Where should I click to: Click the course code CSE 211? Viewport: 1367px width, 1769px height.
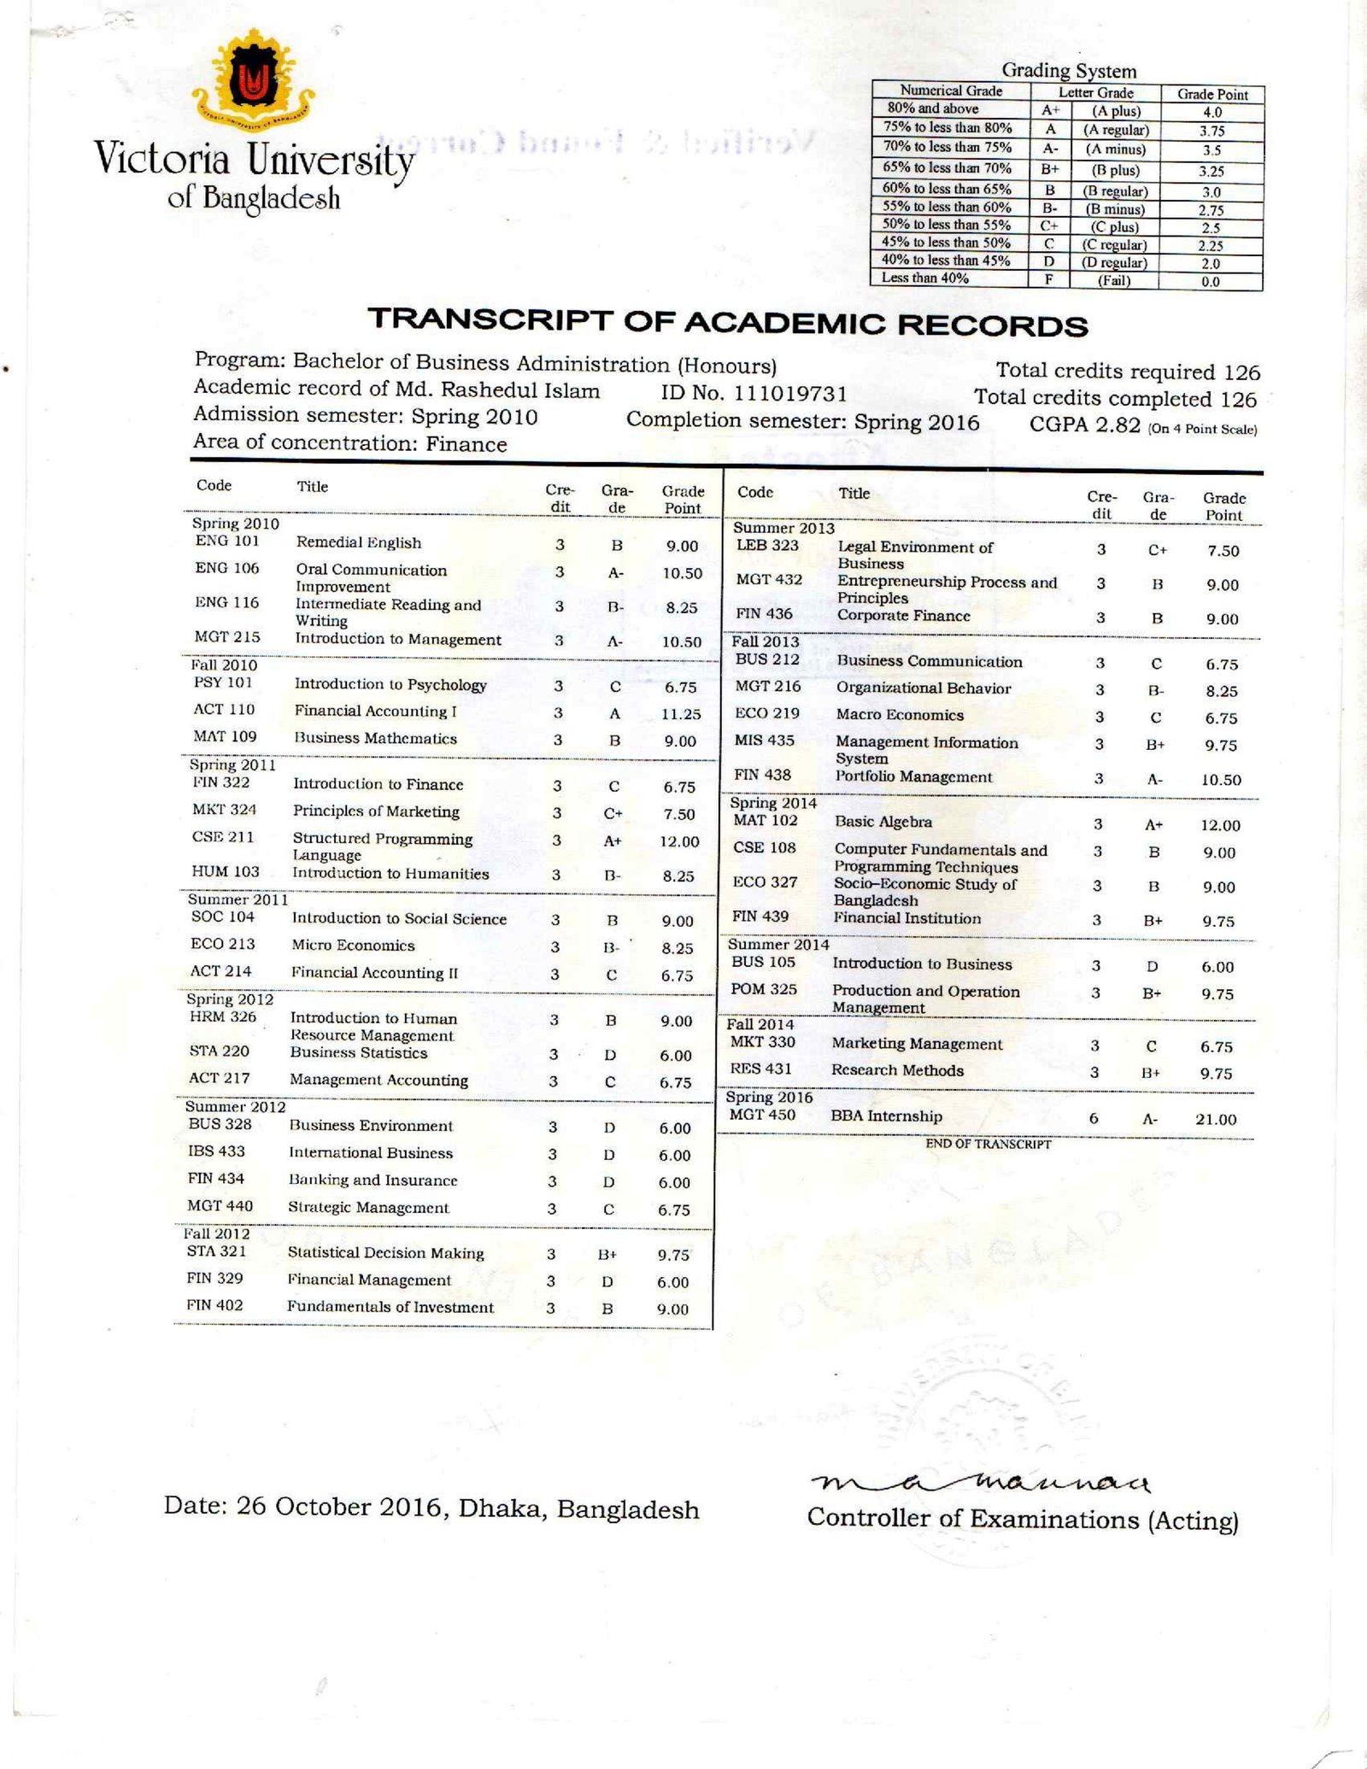pyautogui.click(x=223, y=837)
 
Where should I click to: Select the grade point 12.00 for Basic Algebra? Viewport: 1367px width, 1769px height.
pyautogui.click(x=1219, y=825)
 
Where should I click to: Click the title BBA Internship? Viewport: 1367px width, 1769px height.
pyautogui.click(x=886, y=1116)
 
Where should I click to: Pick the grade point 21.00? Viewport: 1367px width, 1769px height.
pyautogui.click(x=1215, y=1119)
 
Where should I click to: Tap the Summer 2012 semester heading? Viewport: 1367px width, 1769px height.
pyautogui.click(x=235, y=1107)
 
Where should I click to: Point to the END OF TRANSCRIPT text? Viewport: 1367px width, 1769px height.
pyautogui.click(x=988, y=1144)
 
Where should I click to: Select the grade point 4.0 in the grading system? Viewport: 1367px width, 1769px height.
pyautogui.click(x=1212, y=112)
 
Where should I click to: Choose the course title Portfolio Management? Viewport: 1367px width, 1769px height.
pyautogui.click(x=913, y=777)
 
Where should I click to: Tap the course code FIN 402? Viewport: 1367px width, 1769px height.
pyautogui.click(x=214, y=1305)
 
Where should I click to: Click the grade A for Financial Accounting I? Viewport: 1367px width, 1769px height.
pyautogui.click(x=614, y=714)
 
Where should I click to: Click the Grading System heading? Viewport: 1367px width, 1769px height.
pyautogui.click(x=1069, y=71)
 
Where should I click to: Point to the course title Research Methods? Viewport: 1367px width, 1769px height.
pyautogui.click(x=897, y=1070)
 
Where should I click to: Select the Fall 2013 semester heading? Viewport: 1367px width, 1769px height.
pyautogui.click(x=765, y=641)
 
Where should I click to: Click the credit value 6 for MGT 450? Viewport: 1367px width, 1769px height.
pyautogui.click(x=1094, y=1118)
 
